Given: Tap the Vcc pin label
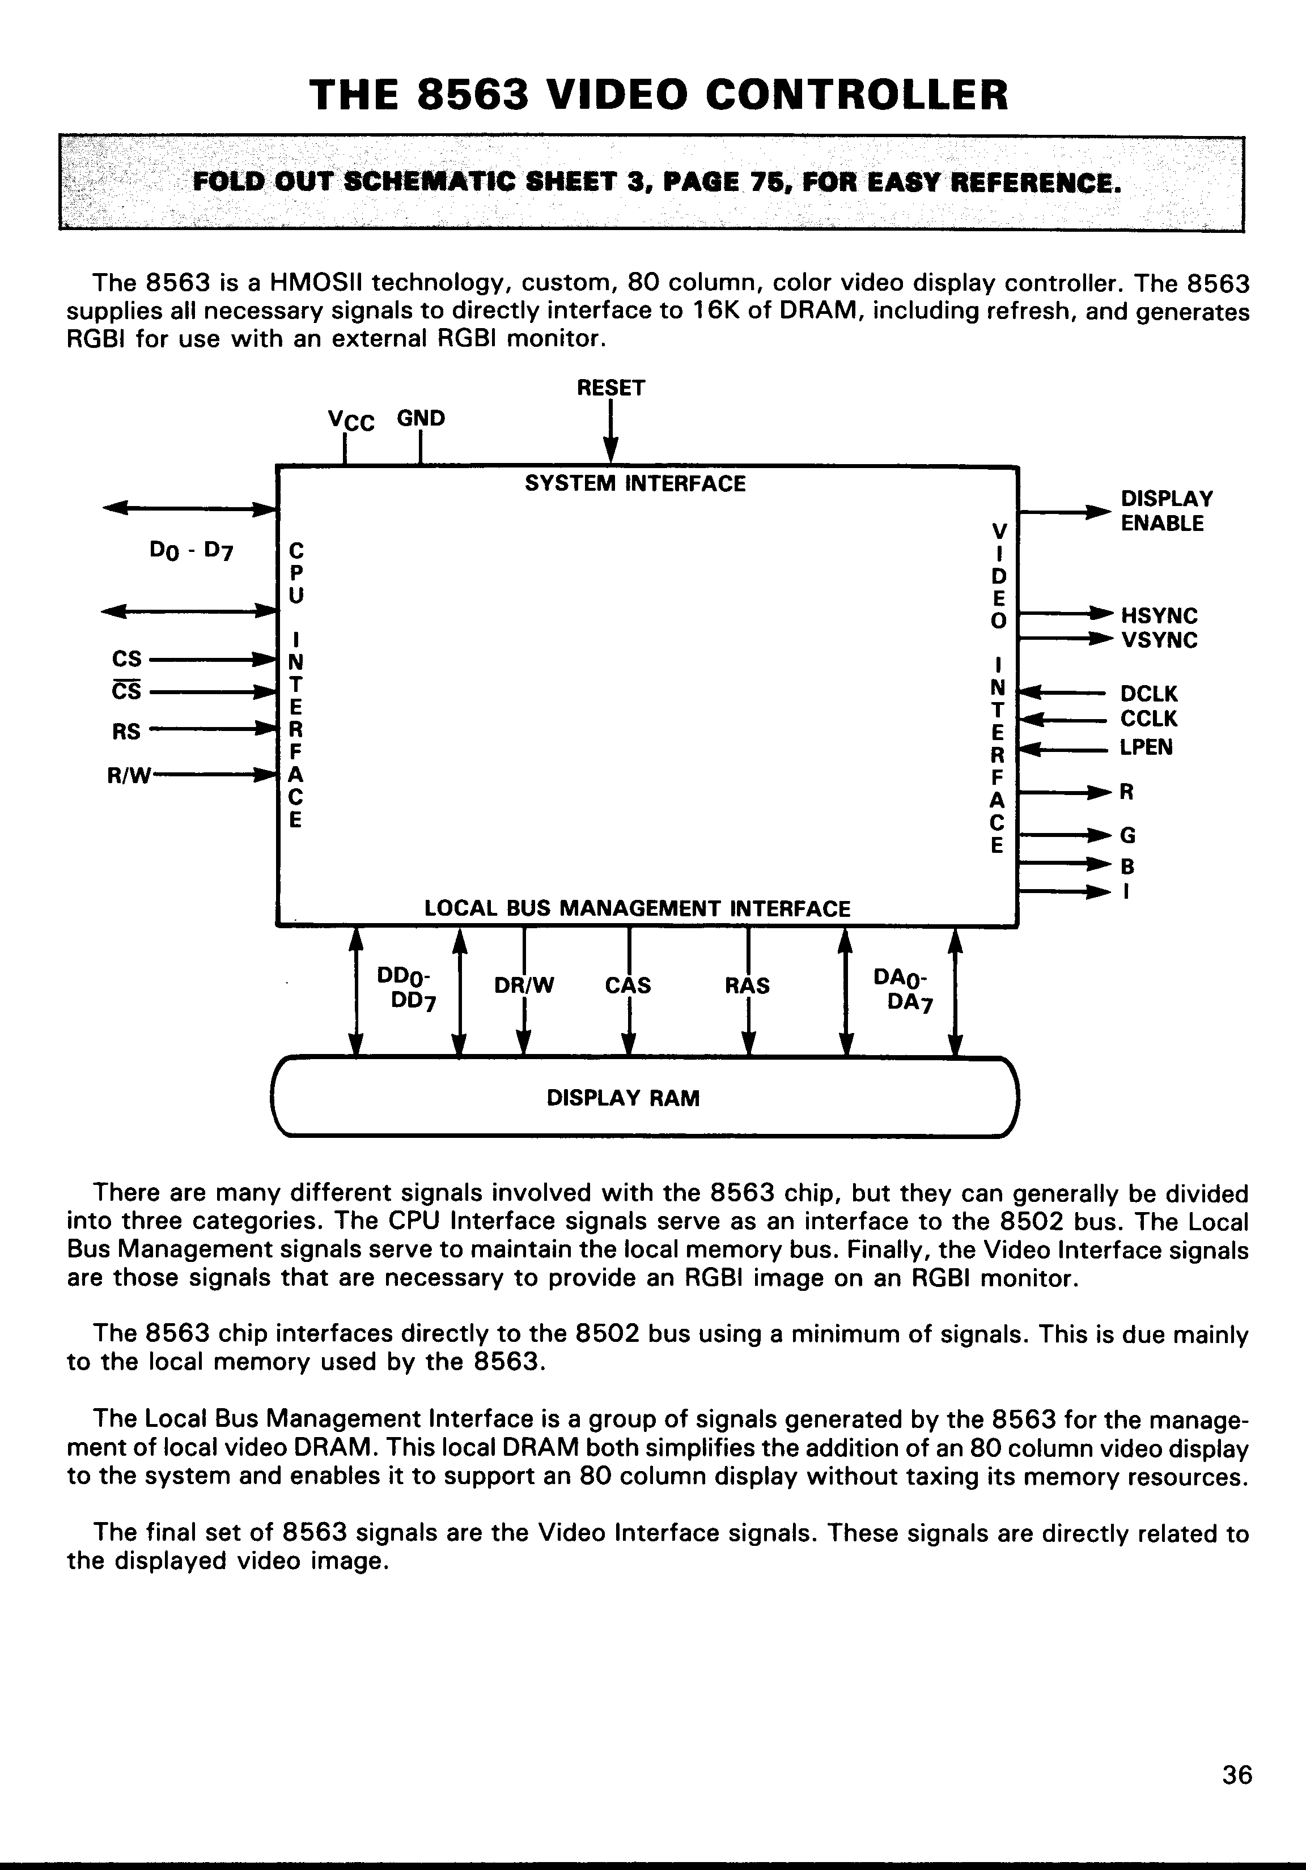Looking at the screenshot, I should (x=350, y=420).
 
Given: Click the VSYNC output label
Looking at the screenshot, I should (x=1159, y=640).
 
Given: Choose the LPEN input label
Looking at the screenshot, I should (x=1146, y=747).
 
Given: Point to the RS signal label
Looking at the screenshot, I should (x=126, y=732).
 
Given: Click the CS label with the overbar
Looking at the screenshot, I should (x=126, y=691).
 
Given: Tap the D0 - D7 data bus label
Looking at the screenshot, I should (x=192, y=551).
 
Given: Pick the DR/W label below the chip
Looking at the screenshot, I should (x=524, y=985).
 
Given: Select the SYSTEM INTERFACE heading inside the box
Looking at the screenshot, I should (x=635, y=484).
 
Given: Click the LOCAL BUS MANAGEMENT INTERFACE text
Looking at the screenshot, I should (x=637, y=908).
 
